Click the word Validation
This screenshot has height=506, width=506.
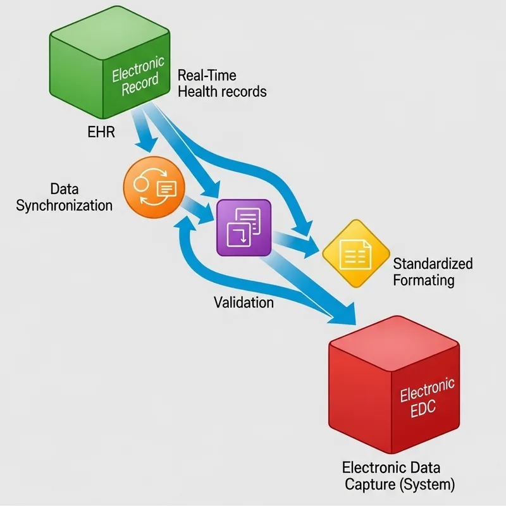click(244, 302)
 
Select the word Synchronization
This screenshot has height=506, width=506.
click(64, 206)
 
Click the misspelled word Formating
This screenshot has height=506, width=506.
click(423, 280)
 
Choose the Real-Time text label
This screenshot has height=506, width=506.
click(207, 75)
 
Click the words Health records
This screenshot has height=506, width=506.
click(222, 92)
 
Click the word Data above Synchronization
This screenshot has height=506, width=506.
click(64, 188)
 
